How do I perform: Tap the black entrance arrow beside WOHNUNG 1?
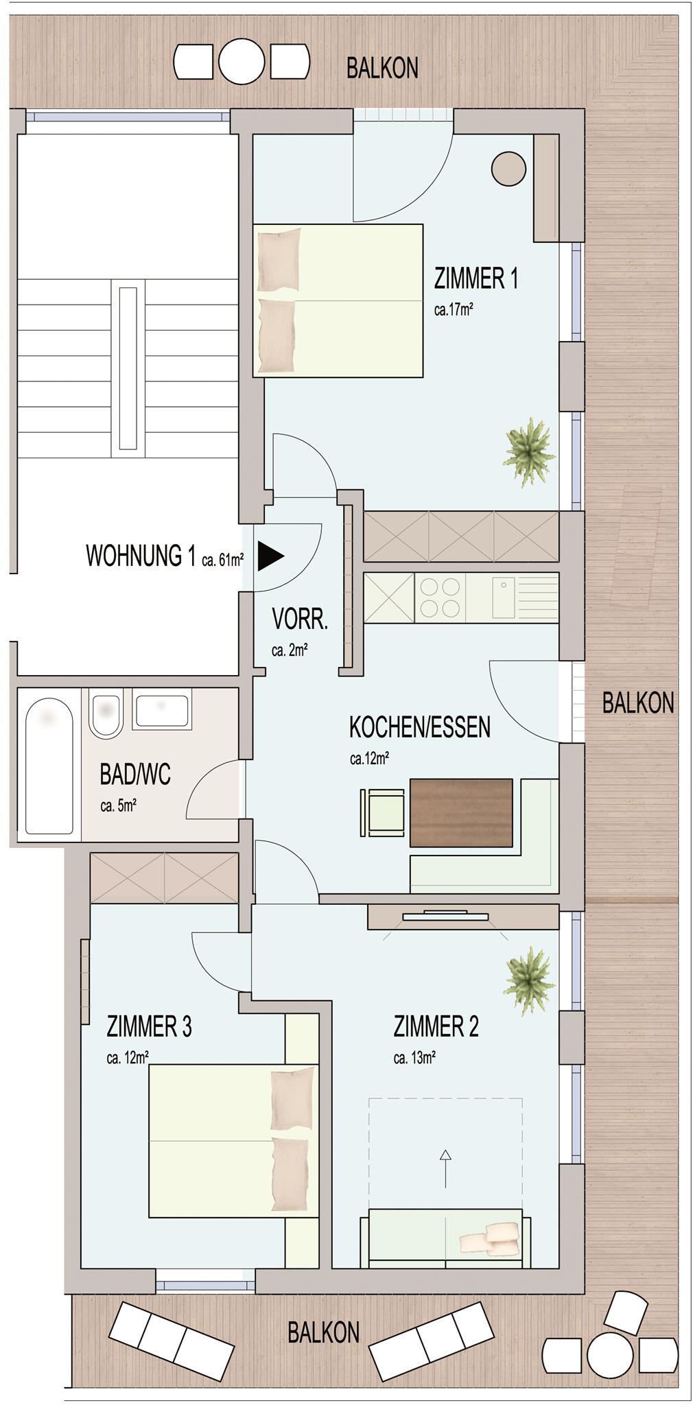tap(270, 557)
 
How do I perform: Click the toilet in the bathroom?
tap(106, 714)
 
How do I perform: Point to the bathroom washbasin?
tap(162, 711)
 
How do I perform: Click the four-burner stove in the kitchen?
tap(440, 598)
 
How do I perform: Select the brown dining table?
tap(461, 812)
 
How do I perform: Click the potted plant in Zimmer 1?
tap(528, 453)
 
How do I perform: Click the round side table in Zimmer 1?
tap(508, 168)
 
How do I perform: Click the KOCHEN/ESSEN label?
tap(420, 727)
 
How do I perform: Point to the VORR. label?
tap(300, 619)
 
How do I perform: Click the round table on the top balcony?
tap(241, 62)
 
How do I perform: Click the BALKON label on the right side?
tap(638, 702)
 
